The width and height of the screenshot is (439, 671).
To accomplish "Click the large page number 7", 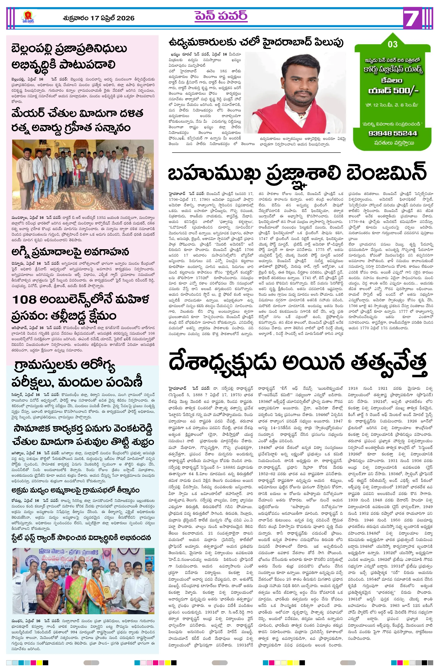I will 413,18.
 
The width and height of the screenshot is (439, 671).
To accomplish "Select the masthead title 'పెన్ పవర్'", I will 221,16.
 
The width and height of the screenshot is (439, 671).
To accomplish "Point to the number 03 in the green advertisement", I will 393,44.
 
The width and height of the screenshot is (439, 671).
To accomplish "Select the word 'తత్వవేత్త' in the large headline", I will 389,363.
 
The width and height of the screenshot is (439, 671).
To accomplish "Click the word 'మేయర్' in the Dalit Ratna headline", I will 28,114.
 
